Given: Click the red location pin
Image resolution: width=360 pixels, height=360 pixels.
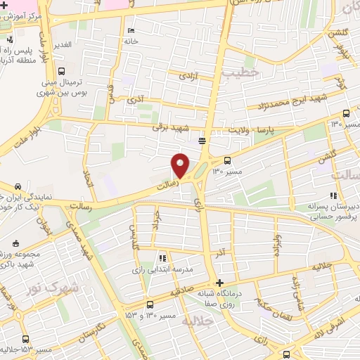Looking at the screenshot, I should click(181, 165).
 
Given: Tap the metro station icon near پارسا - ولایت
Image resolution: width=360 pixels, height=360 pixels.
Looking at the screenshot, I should click(202, 141).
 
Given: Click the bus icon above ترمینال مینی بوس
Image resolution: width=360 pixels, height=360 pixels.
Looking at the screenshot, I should click(62, 71).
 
